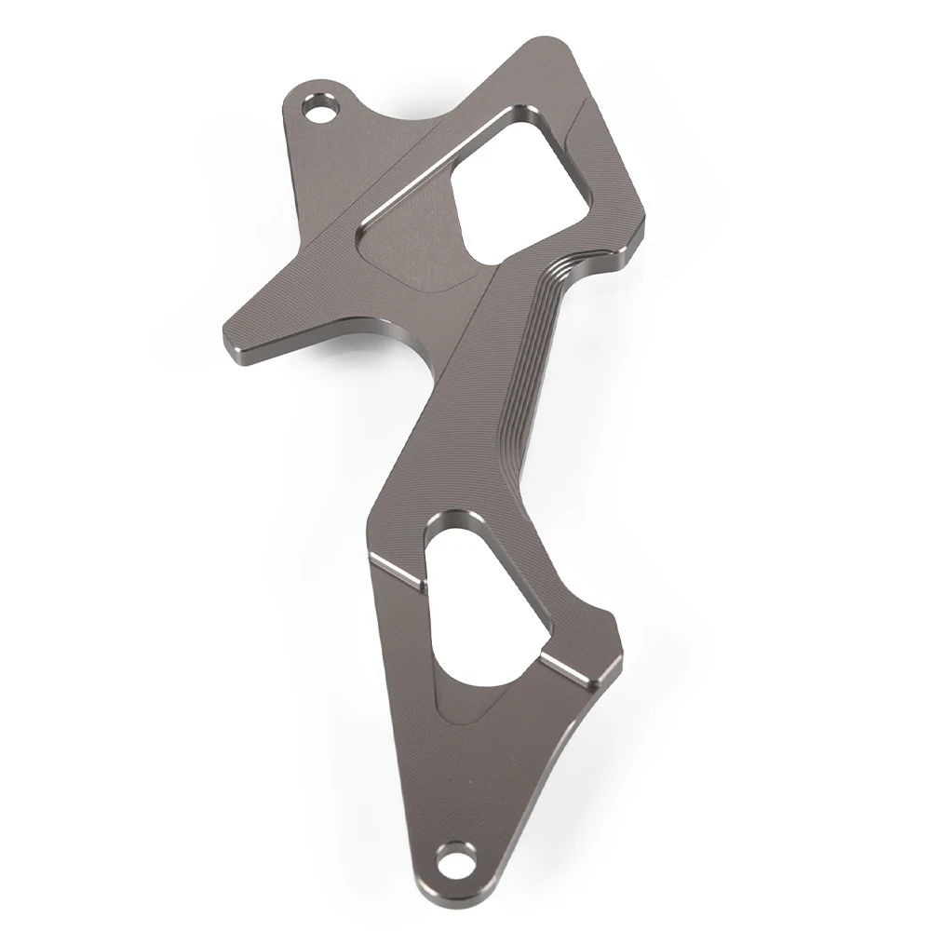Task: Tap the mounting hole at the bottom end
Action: pos(454,854)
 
